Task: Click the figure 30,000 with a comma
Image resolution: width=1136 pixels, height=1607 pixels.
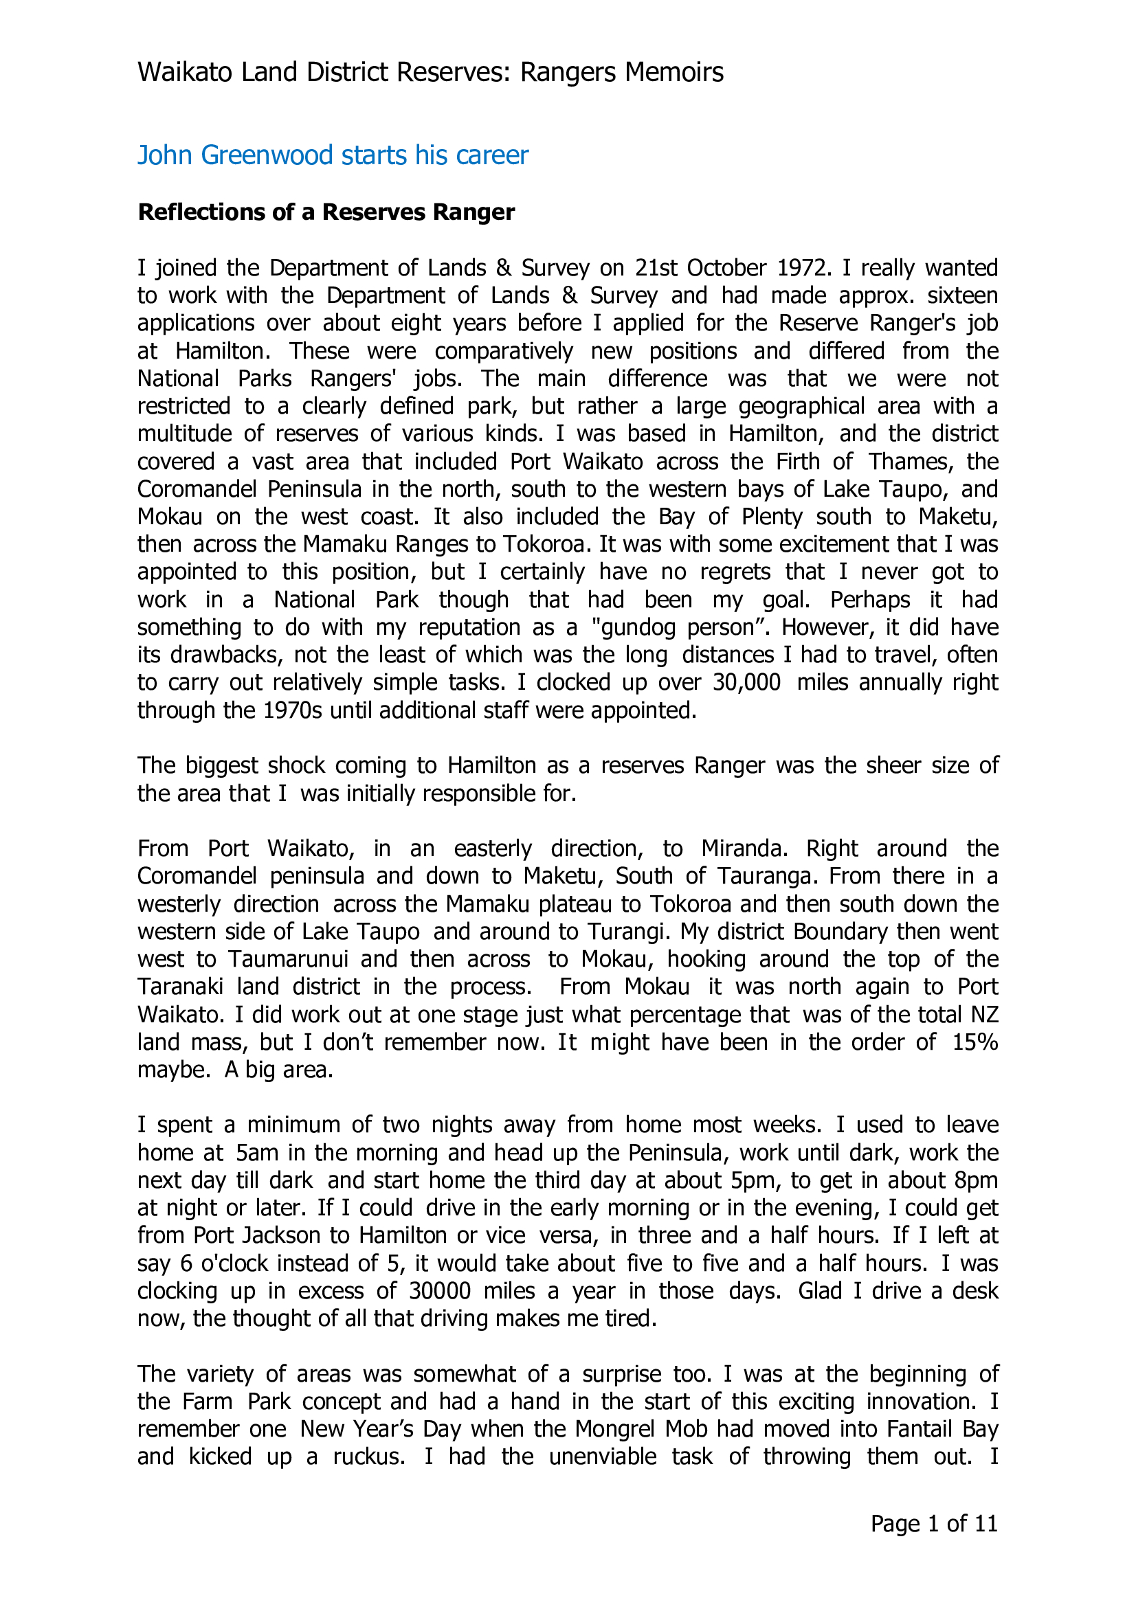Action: (x=746, y=682)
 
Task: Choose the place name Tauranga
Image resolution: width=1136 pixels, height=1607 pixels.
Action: (x=758, y=875)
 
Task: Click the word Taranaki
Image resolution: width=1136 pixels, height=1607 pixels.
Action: (x=180, y=986)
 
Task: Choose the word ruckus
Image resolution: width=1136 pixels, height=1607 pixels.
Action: (x=368, y=1456)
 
